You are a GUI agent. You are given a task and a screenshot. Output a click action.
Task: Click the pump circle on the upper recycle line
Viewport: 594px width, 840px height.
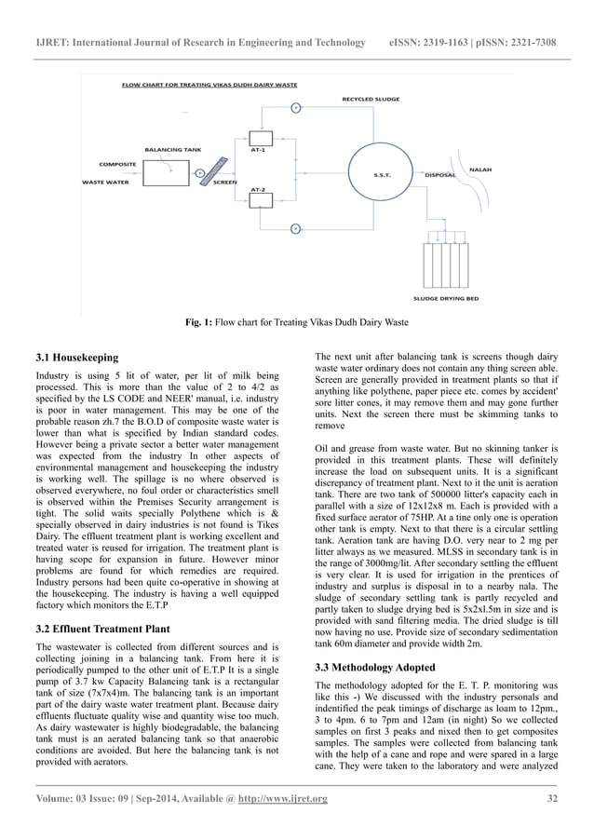coord(295,107)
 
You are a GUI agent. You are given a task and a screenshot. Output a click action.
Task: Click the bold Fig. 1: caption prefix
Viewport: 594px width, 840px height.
coord(199,323)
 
